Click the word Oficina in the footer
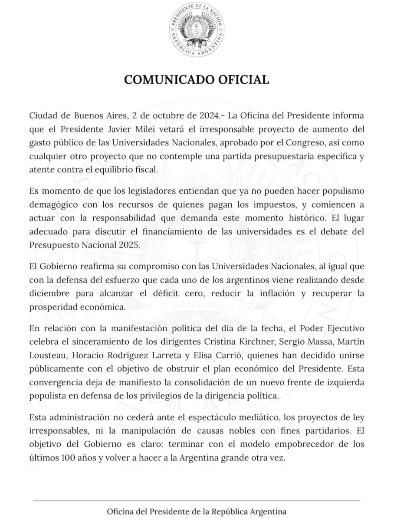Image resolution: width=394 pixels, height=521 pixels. tap(123, 511)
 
